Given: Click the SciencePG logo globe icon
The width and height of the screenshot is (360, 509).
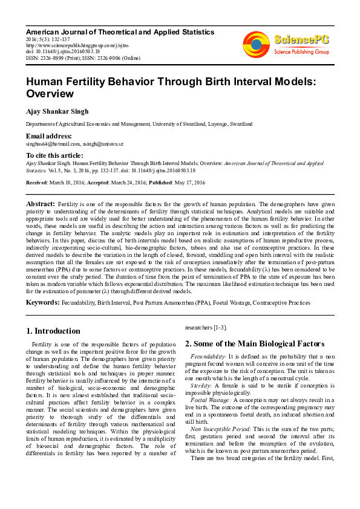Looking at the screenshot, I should [257, 43].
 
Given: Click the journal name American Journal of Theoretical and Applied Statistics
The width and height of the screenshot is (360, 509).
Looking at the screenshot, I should [120, 31].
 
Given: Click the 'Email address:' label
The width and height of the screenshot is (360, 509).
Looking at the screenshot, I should [48, 136].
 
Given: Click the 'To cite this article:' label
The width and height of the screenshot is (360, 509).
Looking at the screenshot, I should [54, 155].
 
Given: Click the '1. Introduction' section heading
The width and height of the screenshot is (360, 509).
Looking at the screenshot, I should [53, 331].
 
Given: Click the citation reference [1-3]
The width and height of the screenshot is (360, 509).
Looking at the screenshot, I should [217, 328].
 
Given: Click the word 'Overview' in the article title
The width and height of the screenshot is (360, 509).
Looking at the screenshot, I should [50, 94].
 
